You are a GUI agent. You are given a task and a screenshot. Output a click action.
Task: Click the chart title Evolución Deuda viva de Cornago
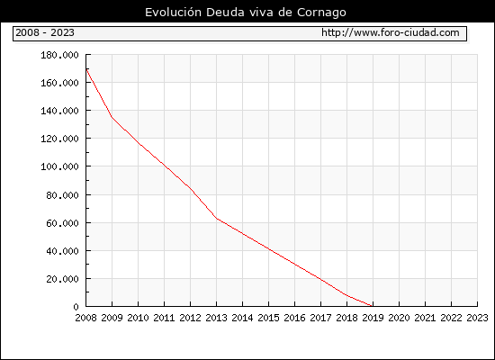click(246, 13)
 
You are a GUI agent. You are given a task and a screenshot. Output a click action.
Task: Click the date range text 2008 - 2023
click(45, 32)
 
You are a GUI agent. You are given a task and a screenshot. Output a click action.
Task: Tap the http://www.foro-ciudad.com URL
click(391, 32)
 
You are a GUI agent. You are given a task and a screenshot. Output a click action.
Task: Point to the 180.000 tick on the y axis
click(59, 55)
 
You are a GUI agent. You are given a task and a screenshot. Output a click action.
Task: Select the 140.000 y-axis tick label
click(59, 111)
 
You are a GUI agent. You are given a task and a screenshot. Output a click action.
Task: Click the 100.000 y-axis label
click(59, 166)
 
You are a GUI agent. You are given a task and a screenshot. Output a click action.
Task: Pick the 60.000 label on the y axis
click(62, 223)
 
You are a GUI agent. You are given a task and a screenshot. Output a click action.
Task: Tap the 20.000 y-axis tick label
click(62, 279)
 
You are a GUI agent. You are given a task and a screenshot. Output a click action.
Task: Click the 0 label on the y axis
click(76, 307)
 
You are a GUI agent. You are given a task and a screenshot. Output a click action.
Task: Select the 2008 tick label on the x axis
click(85, 318)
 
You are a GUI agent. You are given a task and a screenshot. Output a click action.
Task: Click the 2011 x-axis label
click(164, 318)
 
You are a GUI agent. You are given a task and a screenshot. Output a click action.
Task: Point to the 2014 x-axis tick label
click(242, 318)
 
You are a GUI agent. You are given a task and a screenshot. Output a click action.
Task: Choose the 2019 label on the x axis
click(373, 318)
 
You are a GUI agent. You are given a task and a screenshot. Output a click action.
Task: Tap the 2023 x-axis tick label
click(477, 318)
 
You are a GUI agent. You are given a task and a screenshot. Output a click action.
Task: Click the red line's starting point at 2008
click(86, 68)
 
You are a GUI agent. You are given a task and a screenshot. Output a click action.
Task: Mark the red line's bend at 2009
click(112, 117)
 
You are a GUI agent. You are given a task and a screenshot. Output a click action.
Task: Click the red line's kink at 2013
click(217, 218)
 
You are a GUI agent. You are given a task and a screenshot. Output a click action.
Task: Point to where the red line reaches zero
click(373, 306)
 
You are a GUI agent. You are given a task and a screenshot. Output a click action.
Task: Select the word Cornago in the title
click(321, 13)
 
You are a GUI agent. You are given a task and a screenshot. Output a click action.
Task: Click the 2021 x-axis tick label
click(425, 318)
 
